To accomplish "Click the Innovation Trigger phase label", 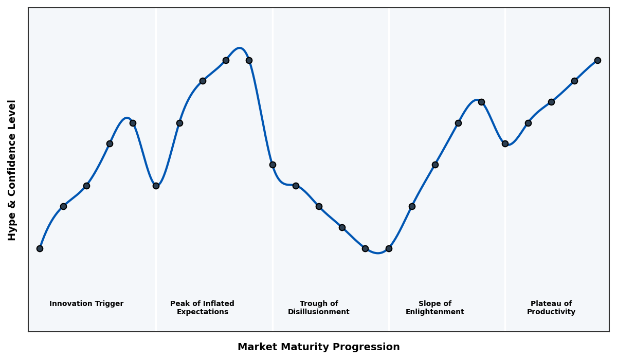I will click(x=86, y=304).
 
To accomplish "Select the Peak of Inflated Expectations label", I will click(x=202, y=308).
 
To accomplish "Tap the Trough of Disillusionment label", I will click(x=319, y=308).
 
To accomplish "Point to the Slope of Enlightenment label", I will click(x=435, y=308).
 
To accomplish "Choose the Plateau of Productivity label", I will click(x=551, y=308).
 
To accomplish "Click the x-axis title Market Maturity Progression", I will click(x=319, y=347).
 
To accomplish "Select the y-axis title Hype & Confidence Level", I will click(x=12, y=170).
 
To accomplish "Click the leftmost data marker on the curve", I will click(x=40, y=248).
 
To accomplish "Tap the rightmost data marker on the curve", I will click(x=597, y=60).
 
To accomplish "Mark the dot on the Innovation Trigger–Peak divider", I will click(x=156, y=186).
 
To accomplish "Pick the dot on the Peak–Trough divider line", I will click(x=273, y=165).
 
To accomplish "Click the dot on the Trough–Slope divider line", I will click(x=389, y=248).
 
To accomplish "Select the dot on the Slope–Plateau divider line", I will click(x=505, y=143).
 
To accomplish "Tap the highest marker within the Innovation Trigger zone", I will click(x=133, y=123).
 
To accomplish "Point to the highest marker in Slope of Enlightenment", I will click(x=481, y=102).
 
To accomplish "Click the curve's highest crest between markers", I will click(x=239, y=48).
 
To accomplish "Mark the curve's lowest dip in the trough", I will click(x=378, y=253).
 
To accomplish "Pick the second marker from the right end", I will click(x=574, y=81).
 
